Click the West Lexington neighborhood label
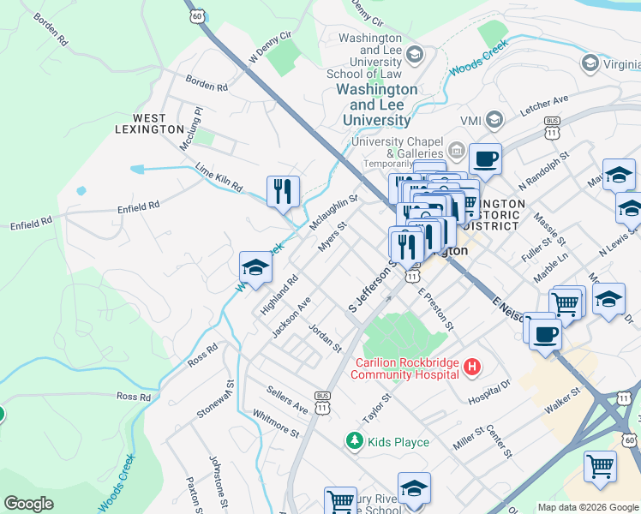click(x=149, y=123)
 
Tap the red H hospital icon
click(x=470, y=368)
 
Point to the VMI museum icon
click(x=494, y=119)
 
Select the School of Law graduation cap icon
click(x=415, y=56)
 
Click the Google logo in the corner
click(x=28, y=504)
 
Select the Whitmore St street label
click(x=276, y=423)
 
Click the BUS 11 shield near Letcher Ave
click(x=552, y=128)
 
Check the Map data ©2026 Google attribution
click(x=588, y=507)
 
